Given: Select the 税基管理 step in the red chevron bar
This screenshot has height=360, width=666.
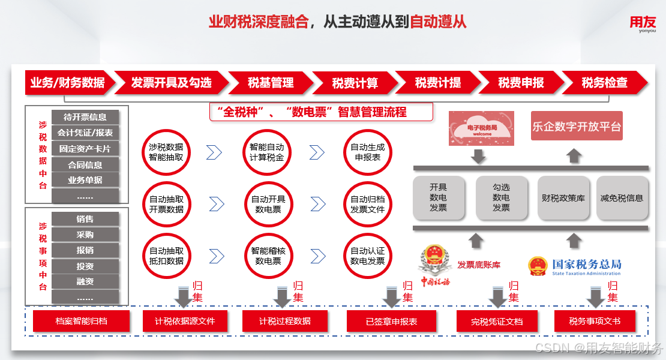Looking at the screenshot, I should (271, 83).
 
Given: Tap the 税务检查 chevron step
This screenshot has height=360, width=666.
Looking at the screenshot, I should (604, 83).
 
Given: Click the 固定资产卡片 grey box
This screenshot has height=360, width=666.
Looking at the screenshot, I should (85, 148).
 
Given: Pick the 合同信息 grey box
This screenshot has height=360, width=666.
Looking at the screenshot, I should (85, 164).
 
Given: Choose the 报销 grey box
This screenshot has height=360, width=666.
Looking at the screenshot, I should (85, 250).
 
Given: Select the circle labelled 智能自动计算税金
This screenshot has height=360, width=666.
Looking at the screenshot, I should (267, 152).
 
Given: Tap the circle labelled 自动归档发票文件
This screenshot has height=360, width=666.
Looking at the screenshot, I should (367, 204).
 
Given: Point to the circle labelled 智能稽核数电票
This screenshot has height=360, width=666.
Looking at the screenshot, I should (267, 256).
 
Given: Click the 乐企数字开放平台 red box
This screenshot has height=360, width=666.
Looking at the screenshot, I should (577, 127).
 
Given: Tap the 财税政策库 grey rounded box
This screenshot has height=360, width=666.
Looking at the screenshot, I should (563, 198).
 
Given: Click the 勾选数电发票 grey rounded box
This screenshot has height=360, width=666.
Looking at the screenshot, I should (501, 198).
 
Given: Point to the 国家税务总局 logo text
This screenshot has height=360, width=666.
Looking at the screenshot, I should (575, 266).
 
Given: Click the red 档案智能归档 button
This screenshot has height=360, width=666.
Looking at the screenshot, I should (81, 321).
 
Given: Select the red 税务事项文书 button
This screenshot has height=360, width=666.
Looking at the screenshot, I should (595, 321).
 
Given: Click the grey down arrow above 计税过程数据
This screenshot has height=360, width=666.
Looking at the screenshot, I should (283, 296).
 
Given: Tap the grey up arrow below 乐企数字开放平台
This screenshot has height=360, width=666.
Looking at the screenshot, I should (574, 156).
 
